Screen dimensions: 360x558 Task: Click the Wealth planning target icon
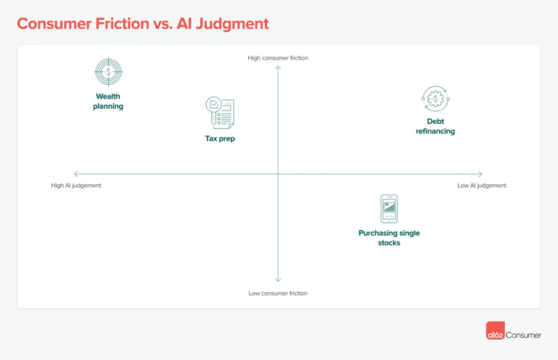pyautogui.click(x=108, y=72)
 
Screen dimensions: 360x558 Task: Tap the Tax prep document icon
pyautogui.click(x=220, y=113)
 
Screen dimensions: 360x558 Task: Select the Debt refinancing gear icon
pyautogui.click(x=435, y=99)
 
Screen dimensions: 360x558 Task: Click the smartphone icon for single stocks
pyautogui.click(x=389, y=208)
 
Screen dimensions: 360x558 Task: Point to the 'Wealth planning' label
pyautogui.click(x=108, y=102)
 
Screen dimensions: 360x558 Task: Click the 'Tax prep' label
pyautogui.click(x=220, y=138)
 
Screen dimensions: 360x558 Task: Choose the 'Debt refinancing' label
pyautogui.click(x=435, y=126)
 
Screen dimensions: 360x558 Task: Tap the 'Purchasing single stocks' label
pyautogui.click(x=389, y=238)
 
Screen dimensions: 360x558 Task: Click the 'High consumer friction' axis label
pyautogui.click(x=278, y=58)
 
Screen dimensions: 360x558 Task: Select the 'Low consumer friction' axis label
pyautogui.click(x=278, y=293)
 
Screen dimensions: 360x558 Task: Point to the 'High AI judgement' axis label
pyautogui.click(x=76, y=185)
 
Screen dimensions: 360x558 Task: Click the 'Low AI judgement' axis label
pyautogui.click(x=482, y=185)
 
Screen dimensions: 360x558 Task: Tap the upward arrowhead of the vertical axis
pyautogui.click(x=278, y=68)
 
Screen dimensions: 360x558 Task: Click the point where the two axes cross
pyautogui.click(x=278, y=174)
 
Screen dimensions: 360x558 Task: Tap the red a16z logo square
pyautogui.click(x=495, y=334)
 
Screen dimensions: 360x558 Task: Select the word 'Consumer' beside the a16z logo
pyautogui.click(x=523, y=335)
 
